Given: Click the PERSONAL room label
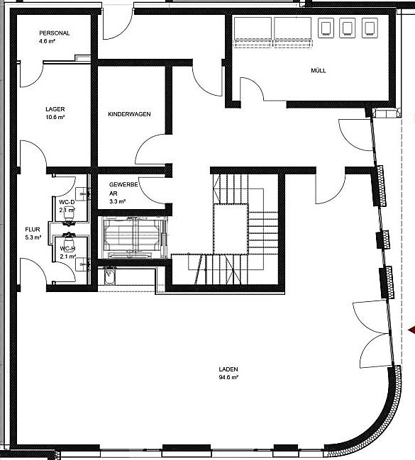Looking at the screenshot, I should [x=55, y=33].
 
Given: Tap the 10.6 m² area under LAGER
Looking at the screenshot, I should [x=55, y=118].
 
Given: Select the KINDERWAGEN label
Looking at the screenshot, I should [x=129, y=114].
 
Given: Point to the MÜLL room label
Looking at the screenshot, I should [x=319, y=71].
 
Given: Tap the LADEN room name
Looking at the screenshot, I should [x=228, y=370].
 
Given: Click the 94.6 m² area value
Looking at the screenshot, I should [x=228, y=378].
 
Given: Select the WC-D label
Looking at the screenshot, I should [x=67, y=201].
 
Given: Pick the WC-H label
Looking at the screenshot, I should [x=67, y=249].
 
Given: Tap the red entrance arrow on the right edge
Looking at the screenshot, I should [x=411, y=329].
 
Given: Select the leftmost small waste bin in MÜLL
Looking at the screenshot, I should [x=327, y=28].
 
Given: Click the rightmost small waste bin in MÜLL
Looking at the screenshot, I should [x=370, y=28].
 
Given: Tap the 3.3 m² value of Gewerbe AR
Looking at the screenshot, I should [x=117, y=202].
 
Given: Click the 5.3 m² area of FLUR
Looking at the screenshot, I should [x=33, y=238].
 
